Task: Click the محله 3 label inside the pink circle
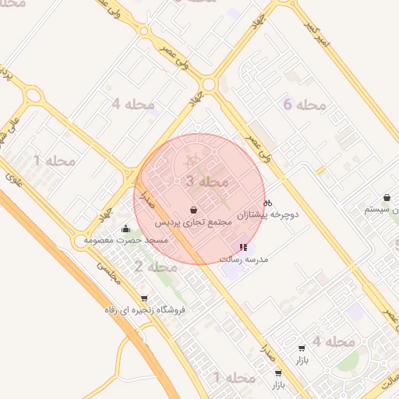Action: click(208, 181)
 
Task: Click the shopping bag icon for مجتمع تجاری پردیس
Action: click(193, 210)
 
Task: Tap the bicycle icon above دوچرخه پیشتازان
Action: click(268, 202)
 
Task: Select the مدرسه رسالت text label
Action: click(245, 258)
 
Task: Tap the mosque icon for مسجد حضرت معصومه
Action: click(126, 229)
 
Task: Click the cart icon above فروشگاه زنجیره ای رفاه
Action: click(143, 298)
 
